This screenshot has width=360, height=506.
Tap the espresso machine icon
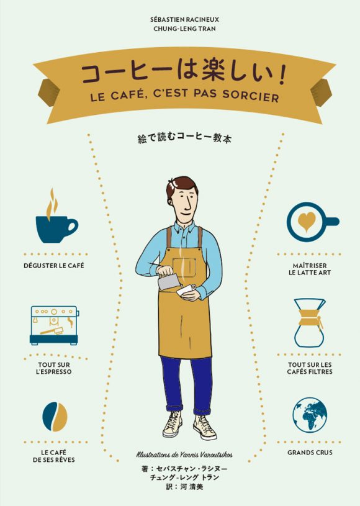(x=55, y=325)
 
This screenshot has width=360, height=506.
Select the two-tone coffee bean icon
(x=55, y=417)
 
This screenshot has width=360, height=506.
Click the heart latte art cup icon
(x=312, y=222)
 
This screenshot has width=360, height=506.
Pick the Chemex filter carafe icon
(x=310, y=323)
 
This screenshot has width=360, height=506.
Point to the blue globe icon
(x=310, y=415)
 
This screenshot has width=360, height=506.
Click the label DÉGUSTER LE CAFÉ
(x=54, y=266)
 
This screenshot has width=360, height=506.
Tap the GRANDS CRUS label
(x=310, y=453)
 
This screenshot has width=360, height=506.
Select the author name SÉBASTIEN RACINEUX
(x=184, y=20)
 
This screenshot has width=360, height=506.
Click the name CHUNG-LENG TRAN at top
(x=184, y=29)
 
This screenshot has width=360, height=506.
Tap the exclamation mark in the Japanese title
(x=282, y=76)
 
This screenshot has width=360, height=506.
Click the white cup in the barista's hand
(x=186, y=291)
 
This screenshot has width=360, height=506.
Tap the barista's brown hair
(x=181, y=184)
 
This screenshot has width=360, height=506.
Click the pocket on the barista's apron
(x=184, y=268)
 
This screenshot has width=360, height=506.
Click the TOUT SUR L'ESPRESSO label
(x=54, y=368)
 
